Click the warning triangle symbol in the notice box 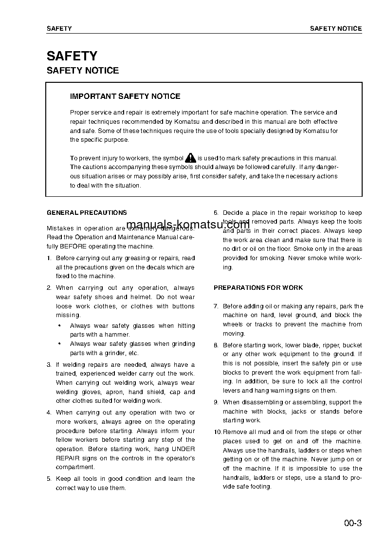(x=190, y=158)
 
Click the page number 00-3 (x=352, y=524)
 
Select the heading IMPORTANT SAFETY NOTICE (x=125, y=96)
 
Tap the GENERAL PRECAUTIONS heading (x=87, y=212)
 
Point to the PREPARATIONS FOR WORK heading (x=258, y=288)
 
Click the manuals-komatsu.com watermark (x=187, y=225)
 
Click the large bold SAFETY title (x=72, y=56)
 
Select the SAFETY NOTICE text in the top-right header (x=336, y=29)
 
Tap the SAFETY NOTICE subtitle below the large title (x=83, y=71)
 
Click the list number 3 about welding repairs (x=49, y=365)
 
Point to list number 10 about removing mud (x=218, y=432)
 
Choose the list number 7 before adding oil (x=216, y=306)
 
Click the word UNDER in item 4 (x=184, y=449)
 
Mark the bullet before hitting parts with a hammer (x=59, y=326)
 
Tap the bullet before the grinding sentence (x=59, y=344)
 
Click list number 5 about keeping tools (x=49, y=479)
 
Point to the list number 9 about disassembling (x=216, y=402)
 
